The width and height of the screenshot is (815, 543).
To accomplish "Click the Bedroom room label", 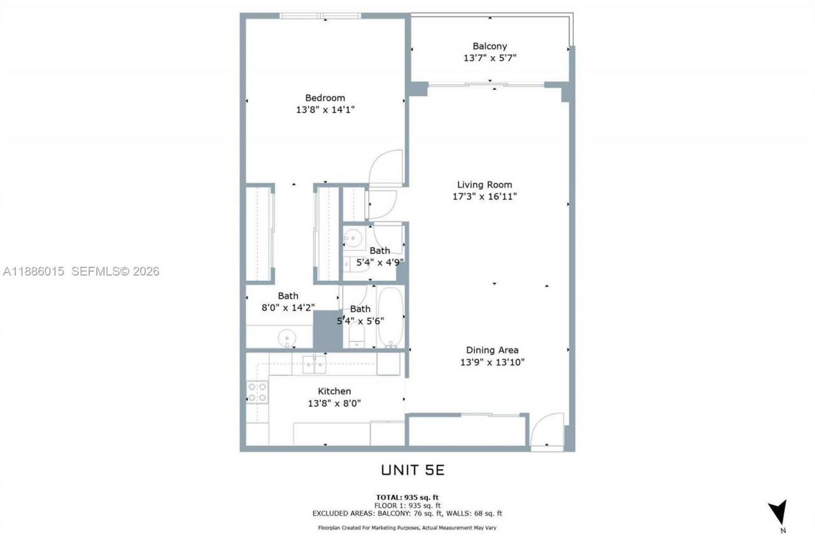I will (325, 98).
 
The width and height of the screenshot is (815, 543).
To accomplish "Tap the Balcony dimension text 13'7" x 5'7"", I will (490, 58).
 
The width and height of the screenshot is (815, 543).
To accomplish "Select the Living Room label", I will (484, 185).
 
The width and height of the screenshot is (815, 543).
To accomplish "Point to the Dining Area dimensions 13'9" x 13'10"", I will (492, 362).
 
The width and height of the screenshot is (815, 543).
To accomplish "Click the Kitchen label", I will (334, 391).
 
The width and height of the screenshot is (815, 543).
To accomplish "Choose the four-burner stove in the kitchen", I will (257, 391).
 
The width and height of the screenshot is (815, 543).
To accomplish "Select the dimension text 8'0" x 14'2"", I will (288, 307).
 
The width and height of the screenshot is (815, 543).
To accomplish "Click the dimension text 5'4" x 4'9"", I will (379, 262).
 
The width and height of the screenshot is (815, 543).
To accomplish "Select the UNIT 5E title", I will (412, 470).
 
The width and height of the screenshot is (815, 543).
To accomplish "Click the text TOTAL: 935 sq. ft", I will (407, 497).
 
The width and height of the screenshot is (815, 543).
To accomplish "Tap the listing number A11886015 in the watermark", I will (34, 272).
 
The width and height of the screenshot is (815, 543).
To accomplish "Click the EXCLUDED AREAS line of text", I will (407, 513).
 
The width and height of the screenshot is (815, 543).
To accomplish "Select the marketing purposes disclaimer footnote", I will (407, 528).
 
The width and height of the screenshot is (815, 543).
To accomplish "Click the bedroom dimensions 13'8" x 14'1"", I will (325, 109).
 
